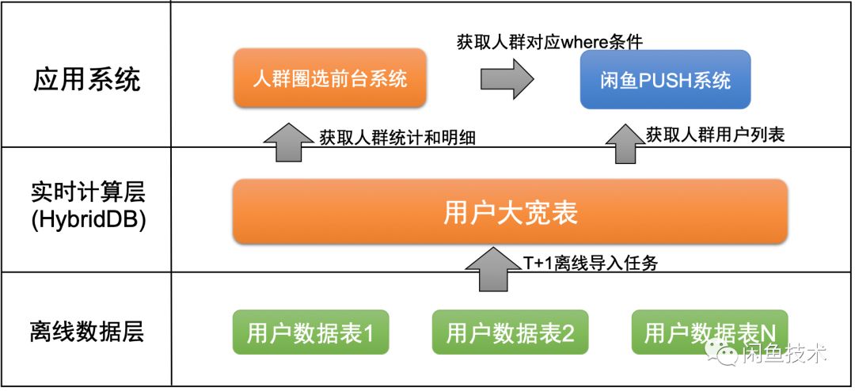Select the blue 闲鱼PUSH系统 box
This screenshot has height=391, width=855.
(x=665, y=79)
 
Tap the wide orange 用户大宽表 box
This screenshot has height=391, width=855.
(x=510, y=212)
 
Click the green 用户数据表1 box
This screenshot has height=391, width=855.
(x=310, y=332)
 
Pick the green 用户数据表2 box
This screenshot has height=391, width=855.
(x=510, y=332)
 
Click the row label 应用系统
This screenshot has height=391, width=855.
(x=87, y=79)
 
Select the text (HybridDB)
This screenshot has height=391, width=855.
(x=88, y=221)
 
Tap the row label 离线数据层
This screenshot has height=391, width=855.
(x=88, y=331)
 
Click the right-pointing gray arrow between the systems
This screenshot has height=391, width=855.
(x=507, y=79)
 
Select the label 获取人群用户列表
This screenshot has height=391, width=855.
(x=715, y=135)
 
